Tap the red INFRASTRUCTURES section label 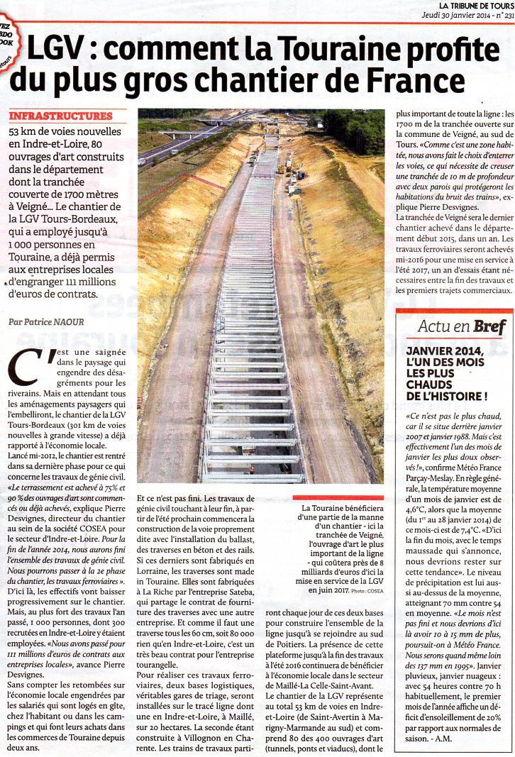(60, 116)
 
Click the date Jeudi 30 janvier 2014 (455, 14)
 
